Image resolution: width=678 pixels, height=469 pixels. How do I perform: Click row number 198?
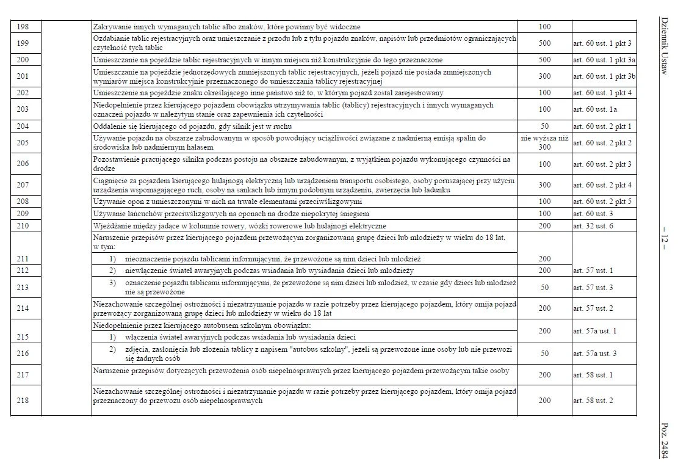23,27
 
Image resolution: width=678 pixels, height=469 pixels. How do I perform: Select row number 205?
23,143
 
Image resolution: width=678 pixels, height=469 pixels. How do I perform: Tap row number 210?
23,225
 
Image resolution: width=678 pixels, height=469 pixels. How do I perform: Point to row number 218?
23,401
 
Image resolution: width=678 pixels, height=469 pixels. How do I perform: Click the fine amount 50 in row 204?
545,126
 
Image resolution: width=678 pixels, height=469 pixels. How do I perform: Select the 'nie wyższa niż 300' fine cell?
545,143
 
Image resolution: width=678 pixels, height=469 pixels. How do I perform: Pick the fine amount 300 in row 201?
545,76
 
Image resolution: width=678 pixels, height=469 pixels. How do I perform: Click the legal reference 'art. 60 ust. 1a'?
596,109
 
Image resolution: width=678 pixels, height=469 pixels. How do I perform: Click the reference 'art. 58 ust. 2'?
593,401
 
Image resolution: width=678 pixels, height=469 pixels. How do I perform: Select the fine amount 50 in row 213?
545,288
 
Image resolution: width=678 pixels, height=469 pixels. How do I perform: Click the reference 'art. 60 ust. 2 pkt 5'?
602,202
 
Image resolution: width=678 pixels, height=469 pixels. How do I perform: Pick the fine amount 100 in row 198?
545,27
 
